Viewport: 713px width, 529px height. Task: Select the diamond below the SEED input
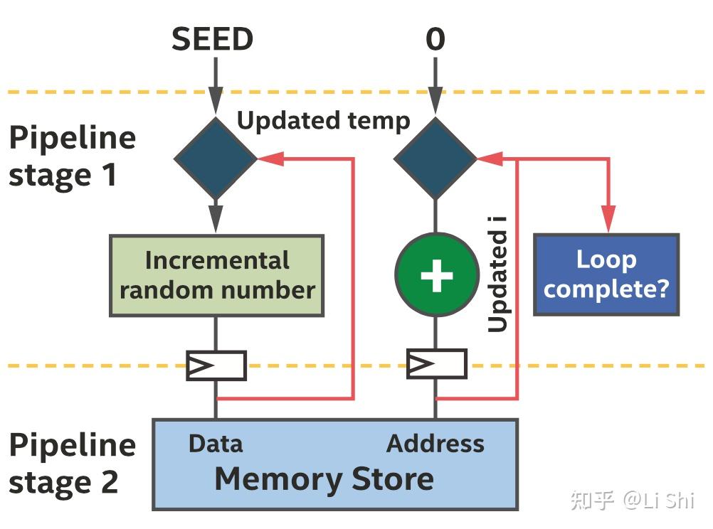216,158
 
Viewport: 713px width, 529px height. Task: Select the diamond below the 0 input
435,158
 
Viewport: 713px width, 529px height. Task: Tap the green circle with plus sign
435,274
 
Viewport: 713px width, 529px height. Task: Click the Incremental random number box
216,275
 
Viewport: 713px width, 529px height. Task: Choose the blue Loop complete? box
606,274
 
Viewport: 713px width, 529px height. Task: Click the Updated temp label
323,120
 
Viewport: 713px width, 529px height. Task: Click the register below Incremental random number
216,365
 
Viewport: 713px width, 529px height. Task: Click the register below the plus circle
435,364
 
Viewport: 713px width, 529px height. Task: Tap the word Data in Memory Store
215,444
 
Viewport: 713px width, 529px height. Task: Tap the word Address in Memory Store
435,444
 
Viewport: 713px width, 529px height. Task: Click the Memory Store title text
324,479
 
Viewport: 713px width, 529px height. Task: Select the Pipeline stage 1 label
72,156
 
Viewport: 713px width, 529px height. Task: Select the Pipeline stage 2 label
72,464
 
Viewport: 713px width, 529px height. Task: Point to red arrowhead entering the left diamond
270,159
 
